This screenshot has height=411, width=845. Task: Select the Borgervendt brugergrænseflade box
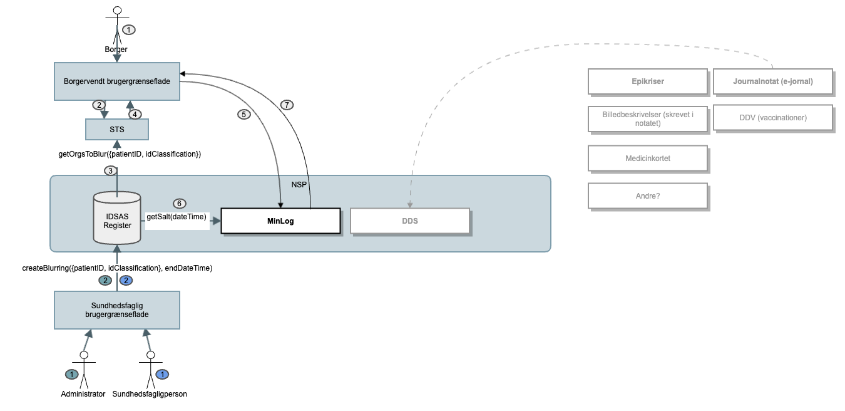coord(117,81)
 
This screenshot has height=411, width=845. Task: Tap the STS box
coord(117,129)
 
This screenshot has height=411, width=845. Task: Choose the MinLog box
coord(280,221)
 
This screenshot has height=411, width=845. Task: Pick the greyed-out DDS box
coord(410,221)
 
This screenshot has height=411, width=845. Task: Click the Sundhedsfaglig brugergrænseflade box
coord(117,310)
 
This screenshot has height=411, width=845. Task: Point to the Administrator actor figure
coord(83,370)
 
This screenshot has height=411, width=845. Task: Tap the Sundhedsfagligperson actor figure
coord(150,370)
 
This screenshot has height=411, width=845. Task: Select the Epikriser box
coord(648,81)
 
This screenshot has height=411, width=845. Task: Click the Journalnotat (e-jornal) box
coord(773,81)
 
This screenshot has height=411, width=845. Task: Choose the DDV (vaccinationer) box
coord(773,118)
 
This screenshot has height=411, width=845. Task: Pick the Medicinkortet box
coord(648,159)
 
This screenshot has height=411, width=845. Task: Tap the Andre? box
coord(648,195)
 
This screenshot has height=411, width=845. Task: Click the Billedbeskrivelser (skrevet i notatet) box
coord(648,118)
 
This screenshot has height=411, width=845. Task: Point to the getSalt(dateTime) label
coord(177,217)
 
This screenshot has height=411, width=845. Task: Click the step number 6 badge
coord(180,204)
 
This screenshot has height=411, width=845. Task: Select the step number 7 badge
coord(286,105)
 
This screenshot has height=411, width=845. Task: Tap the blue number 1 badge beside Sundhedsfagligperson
coord(162,375)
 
